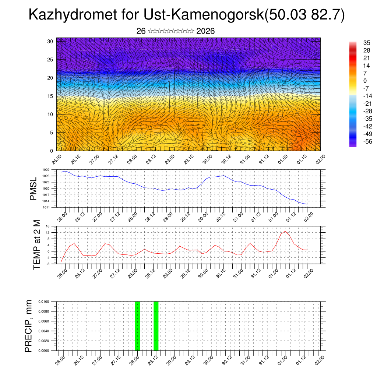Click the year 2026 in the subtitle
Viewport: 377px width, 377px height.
pyautogui.click(x=205, y=31)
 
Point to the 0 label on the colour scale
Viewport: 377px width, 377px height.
pyautogui.click(x=365, y=81)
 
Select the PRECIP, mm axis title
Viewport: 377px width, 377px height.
pyautogui.click(x=29, y=326)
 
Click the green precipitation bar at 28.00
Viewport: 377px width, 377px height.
pyautogui.click(x=137, y=326)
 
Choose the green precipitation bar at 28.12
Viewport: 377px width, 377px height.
pyautogui.click(x=156, y=326)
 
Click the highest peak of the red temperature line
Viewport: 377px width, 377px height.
pyautogui.click(x=285, y=231)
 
